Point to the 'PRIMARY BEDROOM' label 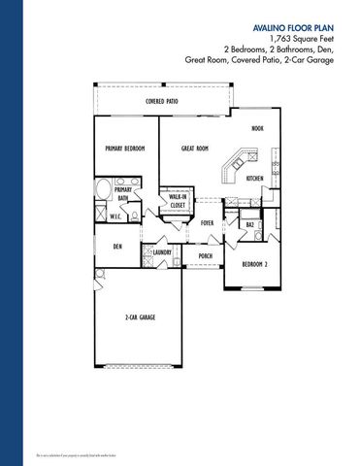(x=125, y=149)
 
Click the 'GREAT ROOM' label (x=195, y=149)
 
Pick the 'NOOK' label (x=257, y=127)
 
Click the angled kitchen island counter (x=234, y=164)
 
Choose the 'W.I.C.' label (x=114, y=216)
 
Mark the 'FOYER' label (x=207, y=222)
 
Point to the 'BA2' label (x=249, y=224)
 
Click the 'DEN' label (x=116, y=247)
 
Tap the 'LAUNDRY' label (x=163, y=254)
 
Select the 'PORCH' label (x=205, y=256)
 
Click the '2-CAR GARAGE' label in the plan (x=141, y=317)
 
